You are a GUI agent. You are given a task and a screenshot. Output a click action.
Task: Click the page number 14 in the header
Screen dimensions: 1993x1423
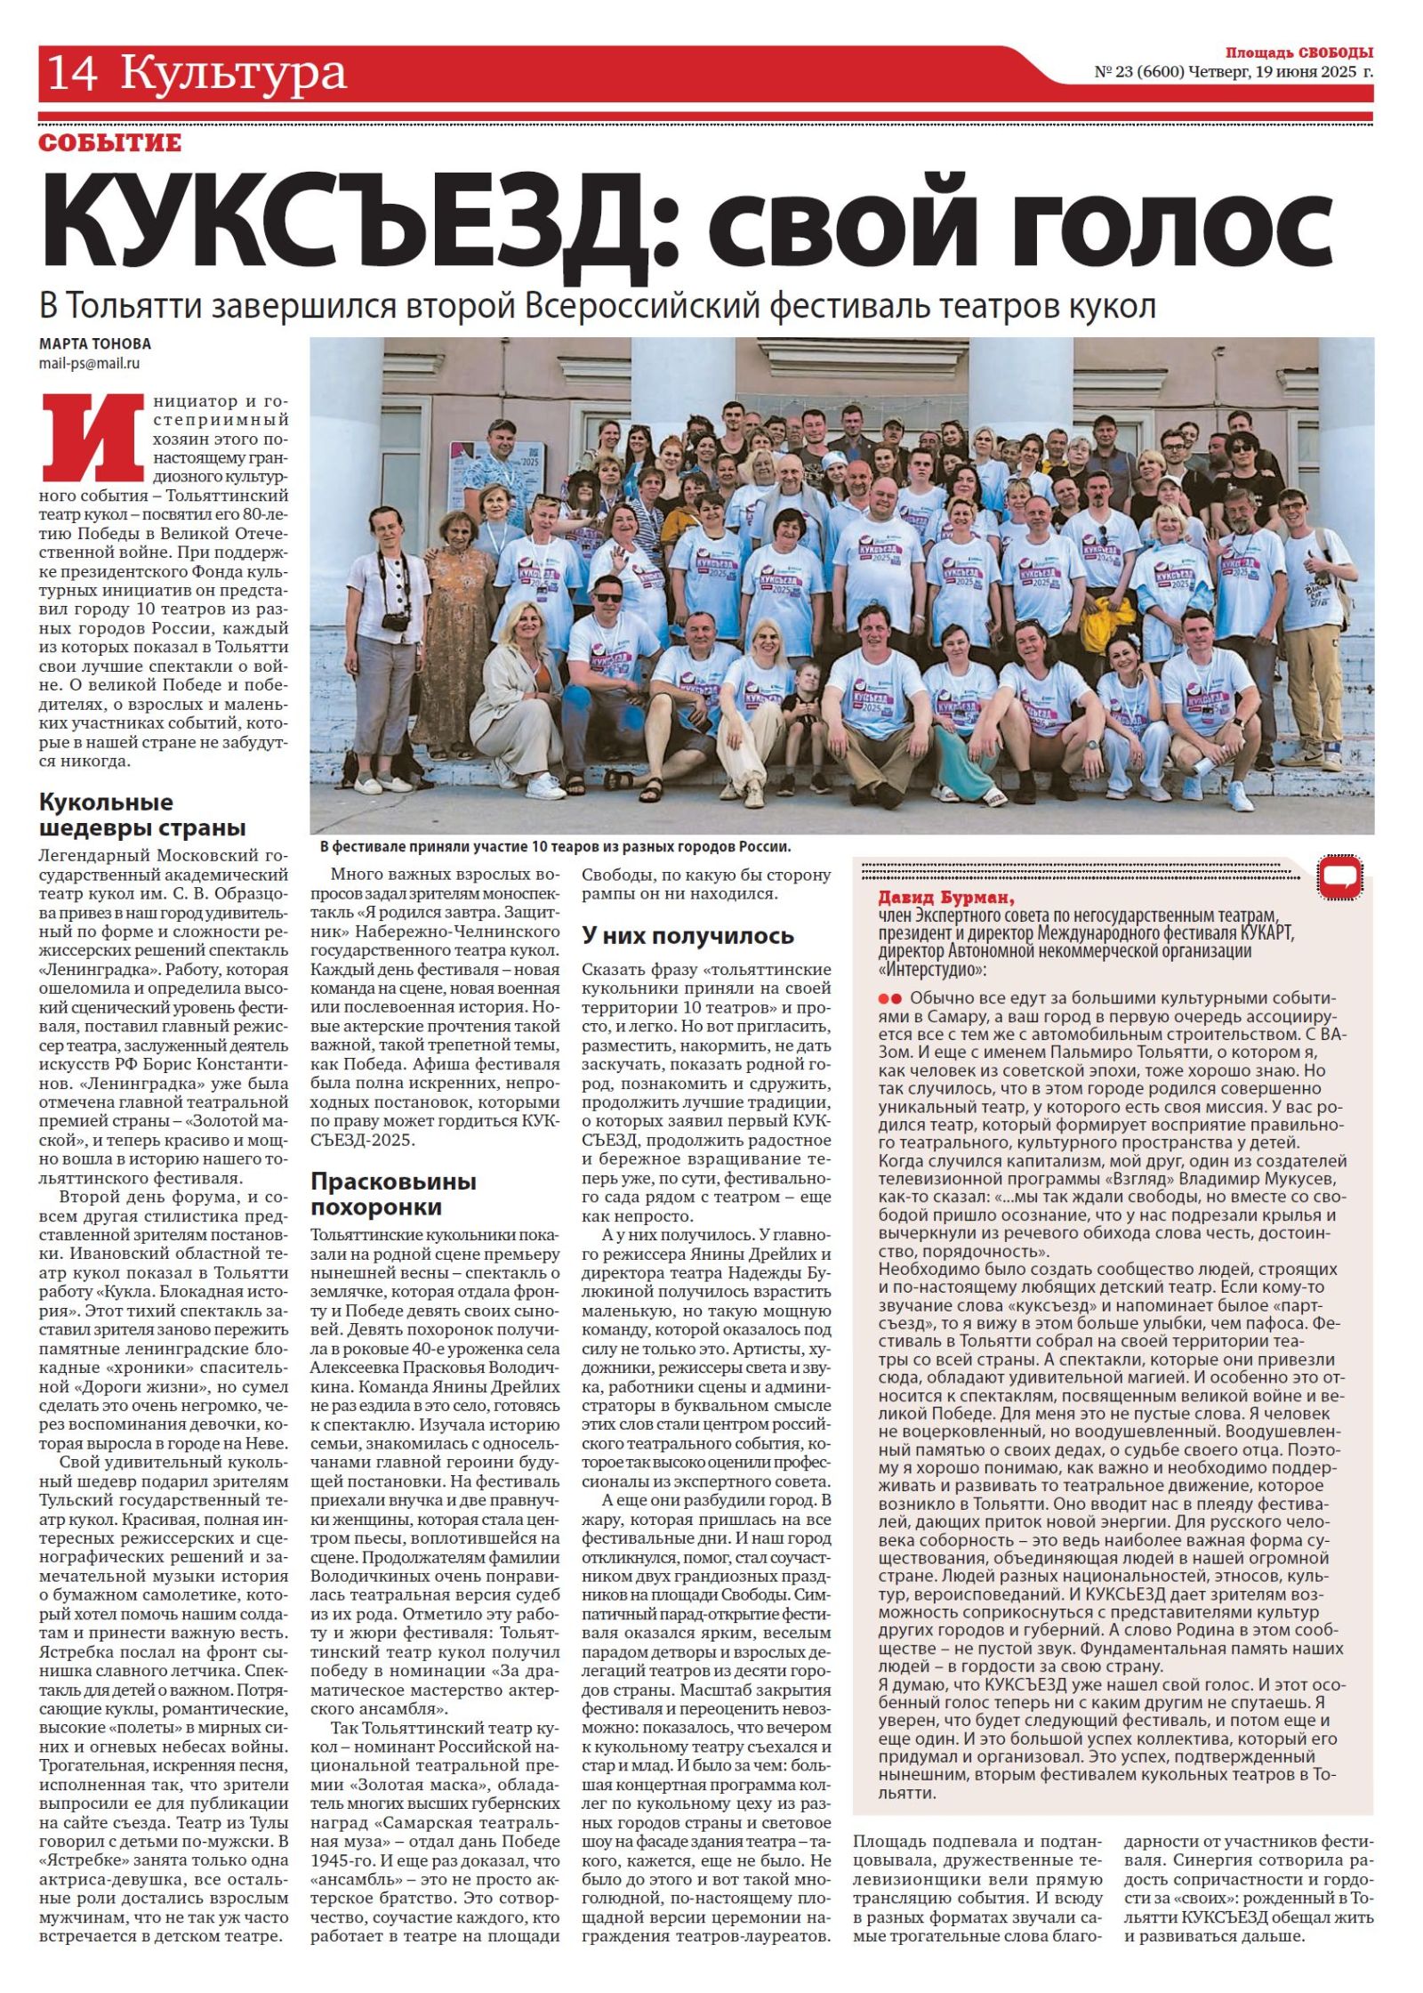coord(72,73)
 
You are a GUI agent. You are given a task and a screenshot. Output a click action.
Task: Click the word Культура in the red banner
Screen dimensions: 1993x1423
coord(233,73)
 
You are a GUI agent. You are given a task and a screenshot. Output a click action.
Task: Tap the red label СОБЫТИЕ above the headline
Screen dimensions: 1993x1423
coord(110,143)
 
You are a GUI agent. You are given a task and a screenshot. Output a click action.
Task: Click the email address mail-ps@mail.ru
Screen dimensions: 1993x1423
coord(89,363)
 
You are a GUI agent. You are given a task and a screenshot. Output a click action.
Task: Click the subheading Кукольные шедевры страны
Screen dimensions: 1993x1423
coord(142,815)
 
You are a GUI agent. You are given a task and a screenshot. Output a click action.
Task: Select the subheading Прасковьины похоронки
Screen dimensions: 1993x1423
coord(393,1194)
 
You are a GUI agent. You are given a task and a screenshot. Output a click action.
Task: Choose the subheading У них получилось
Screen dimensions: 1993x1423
coord(687,935)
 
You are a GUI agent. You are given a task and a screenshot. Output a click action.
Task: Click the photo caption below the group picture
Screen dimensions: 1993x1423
coord(555,847)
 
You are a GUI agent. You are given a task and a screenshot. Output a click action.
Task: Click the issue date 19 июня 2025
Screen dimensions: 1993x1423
coord(1306,72)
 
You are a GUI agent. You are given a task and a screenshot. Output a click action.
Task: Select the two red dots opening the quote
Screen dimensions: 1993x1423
coord(890,998)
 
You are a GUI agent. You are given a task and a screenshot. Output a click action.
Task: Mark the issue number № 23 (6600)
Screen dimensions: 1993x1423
coord(1138,72)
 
